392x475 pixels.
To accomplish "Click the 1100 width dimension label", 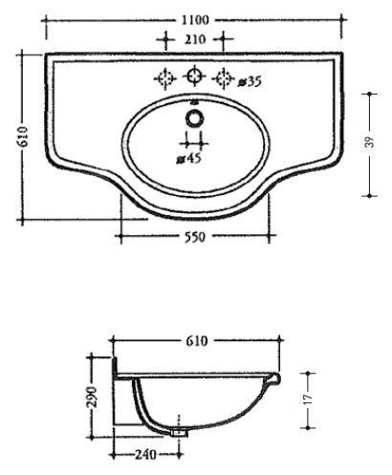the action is point(195,20).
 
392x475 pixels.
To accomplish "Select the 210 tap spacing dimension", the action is point(195,39).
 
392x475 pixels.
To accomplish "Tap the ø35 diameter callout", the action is point(250,82).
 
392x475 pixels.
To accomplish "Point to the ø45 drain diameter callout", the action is point(189,158).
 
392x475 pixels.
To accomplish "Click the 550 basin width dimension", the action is point(195,237).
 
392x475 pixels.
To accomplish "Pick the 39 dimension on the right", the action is point(369,141).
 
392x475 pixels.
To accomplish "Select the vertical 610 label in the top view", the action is point(23,137).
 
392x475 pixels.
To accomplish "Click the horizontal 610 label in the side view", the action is point(197,341).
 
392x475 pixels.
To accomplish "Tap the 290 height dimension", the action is point(93,397).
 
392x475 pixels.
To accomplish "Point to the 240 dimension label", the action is point(145,455).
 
